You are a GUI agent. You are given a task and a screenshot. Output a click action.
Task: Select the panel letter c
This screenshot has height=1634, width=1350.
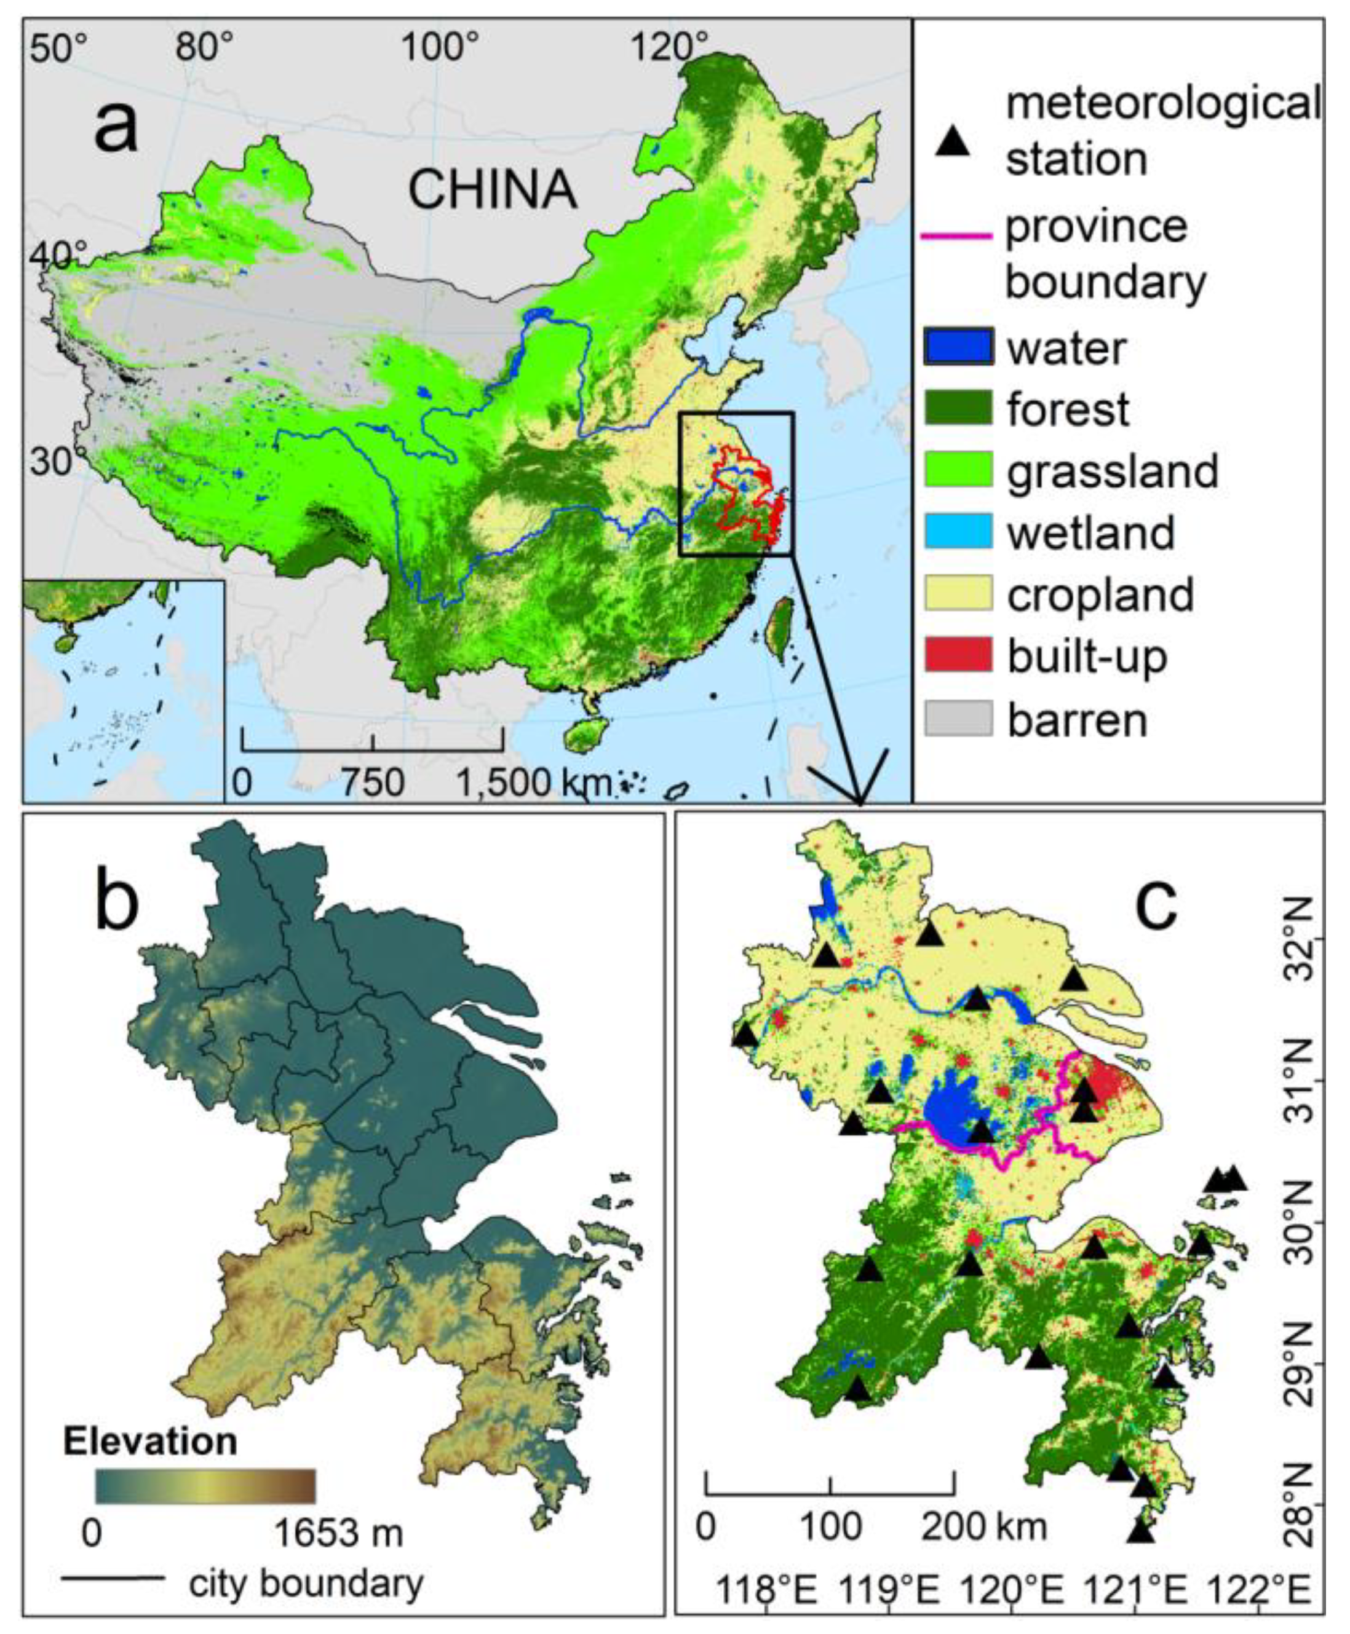tap(1156, 902)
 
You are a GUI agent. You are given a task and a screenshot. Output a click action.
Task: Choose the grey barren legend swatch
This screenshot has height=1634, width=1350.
tap(958, 717)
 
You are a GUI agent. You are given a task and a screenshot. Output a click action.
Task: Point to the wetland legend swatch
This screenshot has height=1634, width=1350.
tap(958, 532)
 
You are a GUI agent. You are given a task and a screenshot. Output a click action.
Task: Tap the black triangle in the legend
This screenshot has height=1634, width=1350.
tap(953, 142)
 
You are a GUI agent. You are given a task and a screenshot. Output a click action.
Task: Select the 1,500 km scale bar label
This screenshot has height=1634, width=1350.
tap(533, 782)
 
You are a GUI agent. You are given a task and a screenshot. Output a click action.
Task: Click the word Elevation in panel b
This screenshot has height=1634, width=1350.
tap(150, 1441)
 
